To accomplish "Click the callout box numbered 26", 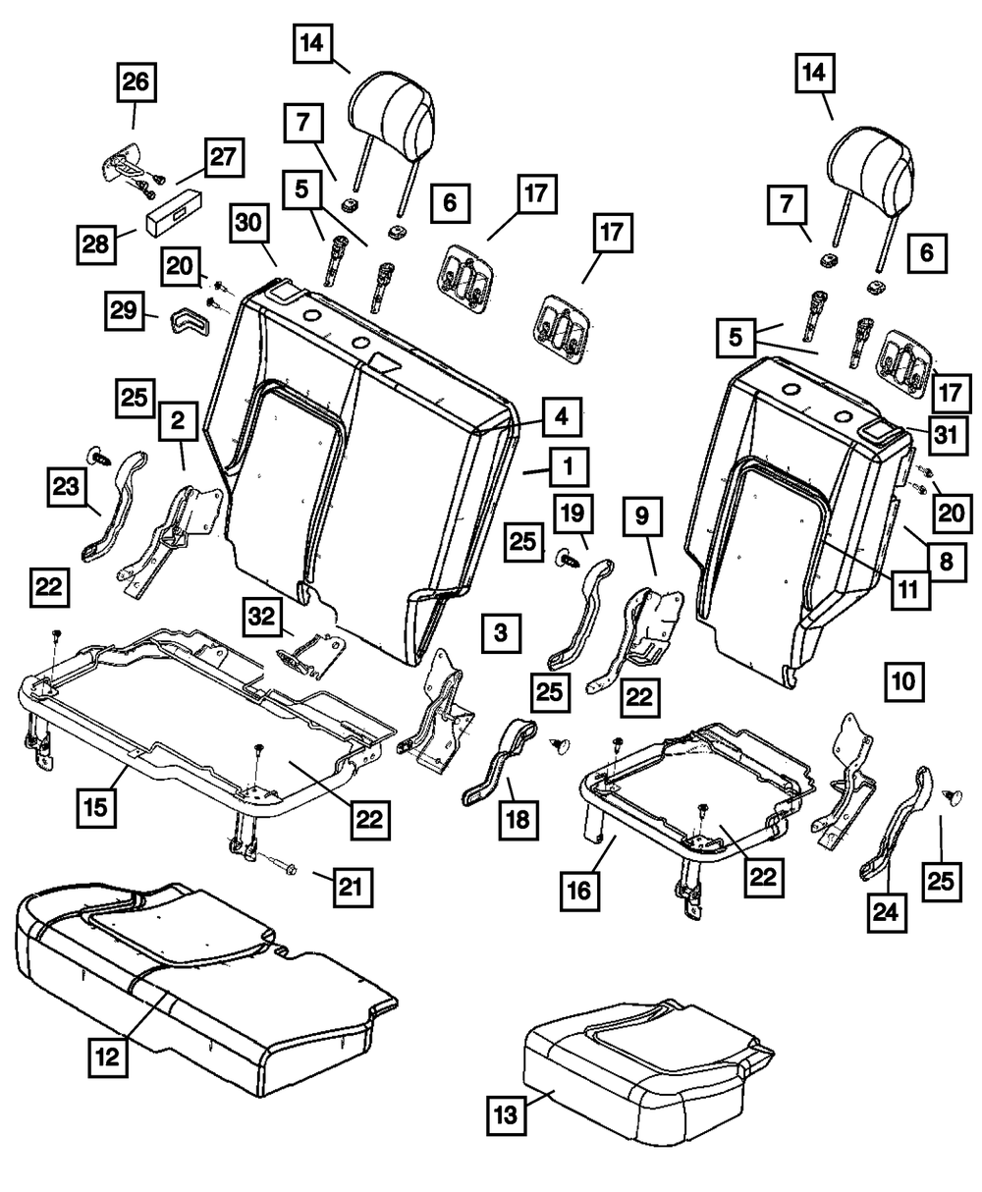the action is pyautogui.click(x=136, y=82).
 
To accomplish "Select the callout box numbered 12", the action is pyautogui.click(x=108, y=1057).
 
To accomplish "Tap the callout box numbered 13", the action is pyautogui.click(x=507, y=1115).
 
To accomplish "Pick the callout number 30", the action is pyautogui.click(x=248, y=223).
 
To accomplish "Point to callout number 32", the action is pyautogui.click(x=262, y=618).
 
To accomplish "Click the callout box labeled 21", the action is pyautogui.click(x=353, y=888).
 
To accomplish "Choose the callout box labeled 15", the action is pyautogui.click(x=96, y=808).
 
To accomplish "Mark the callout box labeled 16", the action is pyautogui.click(x=579, y=892).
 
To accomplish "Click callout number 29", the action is pyautogui.click(x=125, y=311).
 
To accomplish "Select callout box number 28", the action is pyautogui.click(x=96, y=244).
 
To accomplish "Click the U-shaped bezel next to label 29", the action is pyautogui.click(x=189, y=320).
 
